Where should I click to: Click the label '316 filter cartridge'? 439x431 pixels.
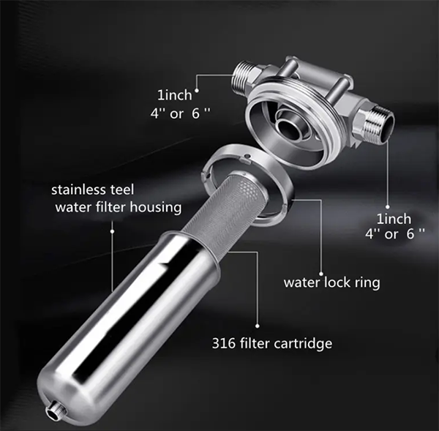tap(272, 344)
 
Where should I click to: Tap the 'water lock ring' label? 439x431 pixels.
tap(331, 282)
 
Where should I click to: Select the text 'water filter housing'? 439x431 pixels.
tap(119, 208)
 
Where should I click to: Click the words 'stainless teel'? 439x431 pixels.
tap(93, 190)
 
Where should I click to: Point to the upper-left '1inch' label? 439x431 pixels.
tap(175, 96)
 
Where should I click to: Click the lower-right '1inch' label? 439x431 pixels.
tap(394, 219)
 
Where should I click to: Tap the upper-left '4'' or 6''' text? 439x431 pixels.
tap(180, 113)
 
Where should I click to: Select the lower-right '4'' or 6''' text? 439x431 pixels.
tap(395, 234)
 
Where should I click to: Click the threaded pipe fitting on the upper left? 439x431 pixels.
tap(244, 75)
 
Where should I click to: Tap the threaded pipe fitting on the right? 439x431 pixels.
tap(377, 125)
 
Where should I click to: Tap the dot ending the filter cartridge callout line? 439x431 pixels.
tap(258, 326)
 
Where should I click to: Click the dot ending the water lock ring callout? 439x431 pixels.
tap(321, 274)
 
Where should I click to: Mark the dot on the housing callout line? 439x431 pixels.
tap(112, 231)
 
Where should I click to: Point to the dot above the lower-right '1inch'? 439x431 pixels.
tap(388, 207)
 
